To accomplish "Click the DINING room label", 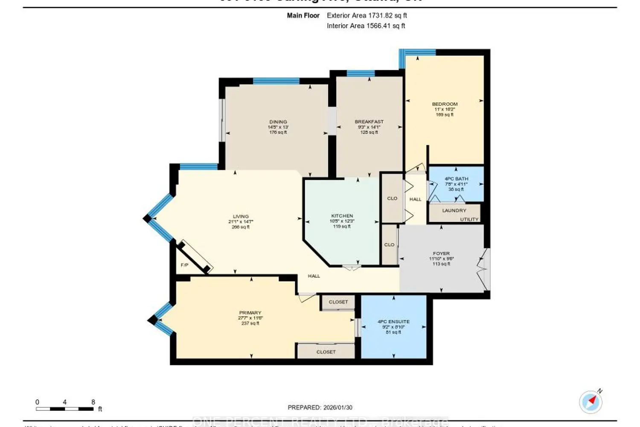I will click(278, 122).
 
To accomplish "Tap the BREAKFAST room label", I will click(369, 122).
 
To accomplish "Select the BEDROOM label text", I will click(445, 104).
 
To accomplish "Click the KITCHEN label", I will click(342, 216).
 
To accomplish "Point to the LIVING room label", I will click(241, 216).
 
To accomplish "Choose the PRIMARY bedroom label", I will click(250, 313).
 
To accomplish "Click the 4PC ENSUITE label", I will click(393, 322).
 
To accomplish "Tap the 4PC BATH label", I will click(456, 179).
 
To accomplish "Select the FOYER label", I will click(441, 254).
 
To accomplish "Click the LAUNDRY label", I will click(454, 211).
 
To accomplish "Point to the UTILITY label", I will click(469, 219).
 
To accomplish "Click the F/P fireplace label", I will click(184, 265).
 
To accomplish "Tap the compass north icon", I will click(591, 401).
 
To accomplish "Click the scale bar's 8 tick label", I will click(93, 402).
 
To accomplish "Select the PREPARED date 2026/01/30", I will click(338, 408).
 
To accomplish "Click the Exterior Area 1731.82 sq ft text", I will click(367, 15).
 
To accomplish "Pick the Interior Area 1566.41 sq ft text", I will click(366, 26).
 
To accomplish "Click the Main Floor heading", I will click(303, 15).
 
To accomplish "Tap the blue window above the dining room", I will click(276, 81).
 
